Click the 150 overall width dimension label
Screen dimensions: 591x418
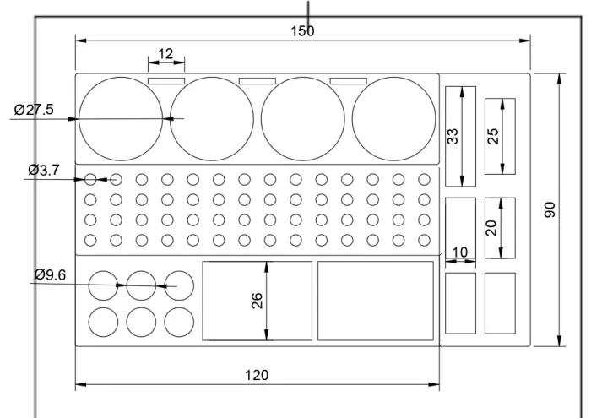(x=302, y=31)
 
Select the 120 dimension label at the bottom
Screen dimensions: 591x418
(x=257, y=376)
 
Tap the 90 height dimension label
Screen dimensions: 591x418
(x=550, y=209)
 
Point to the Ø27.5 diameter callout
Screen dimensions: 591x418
(x=34, y=110)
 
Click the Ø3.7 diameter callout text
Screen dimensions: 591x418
(x=44, y=171)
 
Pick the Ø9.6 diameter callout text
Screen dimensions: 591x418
(x=50, y=274)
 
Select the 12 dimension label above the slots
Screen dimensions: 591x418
(x=165, y=54)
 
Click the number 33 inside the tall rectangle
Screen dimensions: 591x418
(x=453, y=137)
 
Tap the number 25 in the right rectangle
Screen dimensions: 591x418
(x=493, y=137)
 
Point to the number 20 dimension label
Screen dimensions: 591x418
(x=491, y=228)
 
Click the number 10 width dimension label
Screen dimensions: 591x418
(x=459, y=252)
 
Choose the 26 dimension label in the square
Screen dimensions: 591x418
(x=257, y=301)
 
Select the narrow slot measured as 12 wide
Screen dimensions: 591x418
(x=166, y=81)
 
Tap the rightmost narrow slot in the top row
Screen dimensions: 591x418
(x=348, y=81)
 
